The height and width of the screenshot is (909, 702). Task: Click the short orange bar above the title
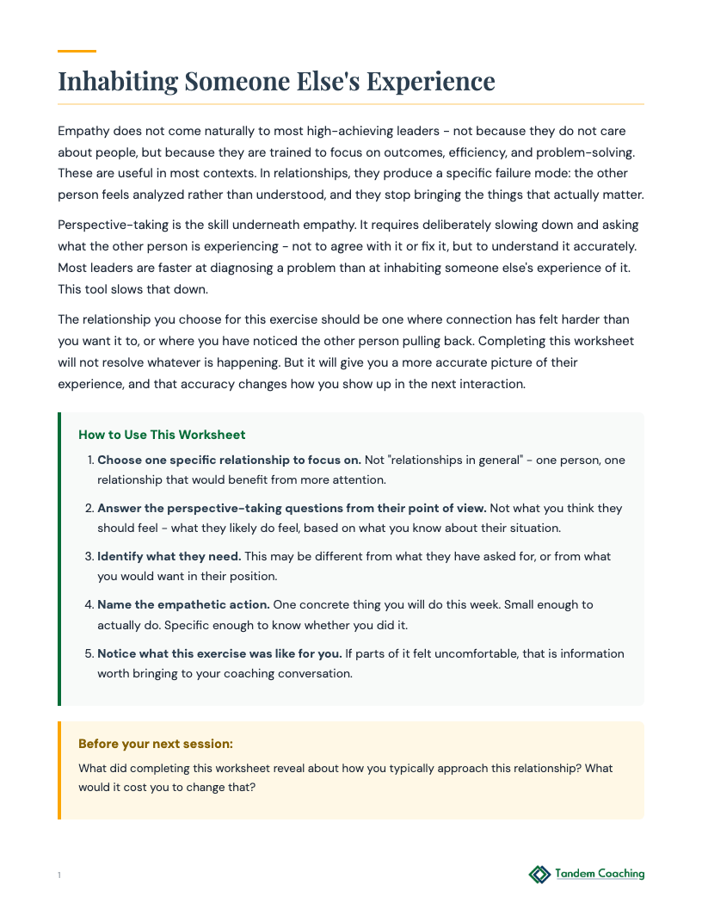click(x=76, y=52)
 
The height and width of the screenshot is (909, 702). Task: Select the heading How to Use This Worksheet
click(x=162, y=435)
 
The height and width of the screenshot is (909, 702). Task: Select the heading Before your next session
click(x=156, y=744)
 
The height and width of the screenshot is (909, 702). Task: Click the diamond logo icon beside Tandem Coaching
click(x=539, y=875)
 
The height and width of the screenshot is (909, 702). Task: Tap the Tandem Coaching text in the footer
click(x=600, y=875)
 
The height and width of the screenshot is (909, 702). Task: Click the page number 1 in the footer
click(x=59, y=875)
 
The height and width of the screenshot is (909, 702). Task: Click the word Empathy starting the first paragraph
click(x=84, y=131)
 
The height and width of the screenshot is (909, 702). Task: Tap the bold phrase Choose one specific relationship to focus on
click(x=229, y=461)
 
